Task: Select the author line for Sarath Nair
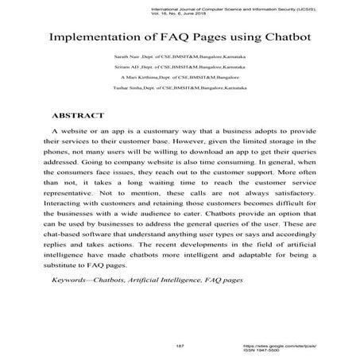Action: coord(179,57)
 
